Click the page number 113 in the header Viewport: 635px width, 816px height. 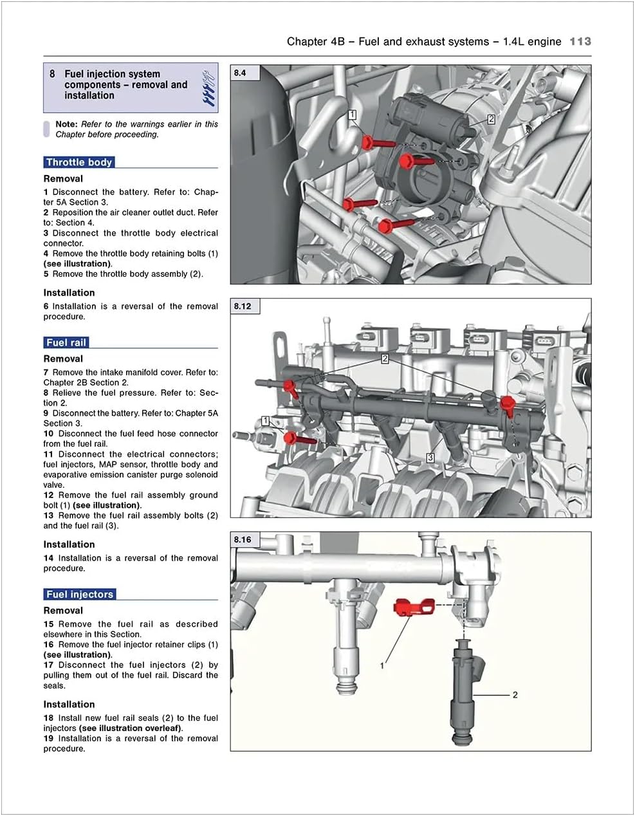pos(580,41)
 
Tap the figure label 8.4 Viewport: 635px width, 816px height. pos(240,73)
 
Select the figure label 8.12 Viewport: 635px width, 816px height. pos(243,306)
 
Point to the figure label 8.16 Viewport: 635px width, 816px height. pos(243,539)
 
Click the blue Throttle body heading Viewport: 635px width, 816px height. pos(79,162)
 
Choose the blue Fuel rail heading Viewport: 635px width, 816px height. pos(66,342)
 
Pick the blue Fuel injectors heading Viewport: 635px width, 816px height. pos(80,594)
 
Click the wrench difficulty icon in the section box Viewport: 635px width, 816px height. pos(208,88)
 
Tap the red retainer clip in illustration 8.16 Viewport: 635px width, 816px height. pos(412,606)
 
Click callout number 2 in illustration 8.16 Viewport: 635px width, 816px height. pos(515,694)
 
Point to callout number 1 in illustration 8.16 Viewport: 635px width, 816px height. pos(382,665)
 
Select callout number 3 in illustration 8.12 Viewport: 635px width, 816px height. pos(430,458)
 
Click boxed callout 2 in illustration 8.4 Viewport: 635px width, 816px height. pos(491,119)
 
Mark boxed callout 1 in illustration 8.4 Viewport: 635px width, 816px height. pos(353,115)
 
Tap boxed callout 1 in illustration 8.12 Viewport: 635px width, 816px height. pos(265,421)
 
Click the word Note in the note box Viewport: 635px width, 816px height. pos(66,124)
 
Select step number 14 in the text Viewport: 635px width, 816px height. pos(49,558)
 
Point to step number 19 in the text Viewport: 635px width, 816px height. pos(49,738)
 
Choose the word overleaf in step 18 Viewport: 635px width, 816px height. pos(163,728)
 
